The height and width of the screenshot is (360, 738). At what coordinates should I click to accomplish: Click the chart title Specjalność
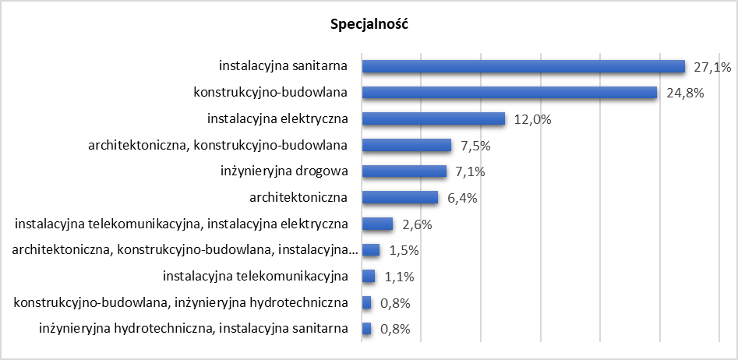coord(369,24)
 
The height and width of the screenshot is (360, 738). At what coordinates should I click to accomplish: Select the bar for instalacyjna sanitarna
coord(523,67)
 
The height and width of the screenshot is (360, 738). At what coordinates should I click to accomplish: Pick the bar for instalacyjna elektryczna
coord(434,119)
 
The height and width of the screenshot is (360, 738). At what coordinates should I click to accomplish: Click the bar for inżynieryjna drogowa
coord(404,171)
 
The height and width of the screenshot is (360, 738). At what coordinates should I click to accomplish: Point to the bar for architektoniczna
coord(401,198)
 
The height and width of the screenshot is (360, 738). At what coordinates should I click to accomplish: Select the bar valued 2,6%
coord(378,224)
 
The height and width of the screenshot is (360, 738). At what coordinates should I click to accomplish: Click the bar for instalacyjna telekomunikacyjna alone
coord(369,277)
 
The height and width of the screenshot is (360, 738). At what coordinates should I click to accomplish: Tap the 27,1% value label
coord(712,67)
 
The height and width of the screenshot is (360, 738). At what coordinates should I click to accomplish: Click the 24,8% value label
coord(686,93)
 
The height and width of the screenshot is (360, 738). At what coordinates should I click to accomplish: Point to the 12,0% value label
coord(533,119)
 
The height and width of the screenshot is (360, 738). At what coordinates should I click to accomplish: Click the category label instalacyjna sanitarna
coord(283,67)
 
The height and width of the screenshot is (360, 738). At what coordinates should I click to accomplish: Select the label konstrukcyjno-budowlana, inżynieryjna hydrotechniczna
coord(181,302)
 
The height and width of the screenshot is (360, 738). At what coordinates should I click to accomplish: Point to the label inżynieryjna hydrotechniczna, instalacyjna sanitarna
coord(193,329)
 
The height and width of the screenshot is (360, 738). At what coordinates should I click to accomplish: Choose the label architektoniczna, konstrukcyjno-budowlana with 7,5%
coord(218,146)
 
